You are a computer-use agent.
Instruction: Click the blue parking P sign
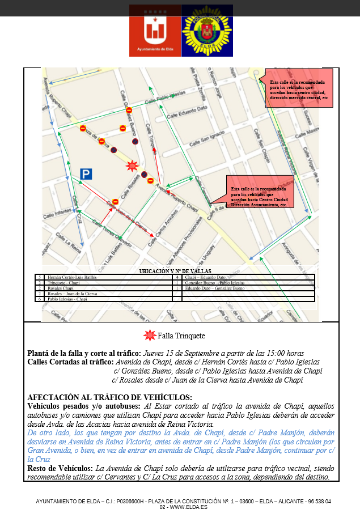[86, 174]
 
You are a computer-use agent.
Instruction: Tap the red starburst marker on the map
[132, 165]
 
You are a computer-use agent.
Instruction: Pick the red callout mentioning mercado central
[299, 90]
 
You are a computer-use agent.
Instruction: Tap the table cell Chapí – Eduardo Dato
[205, 277]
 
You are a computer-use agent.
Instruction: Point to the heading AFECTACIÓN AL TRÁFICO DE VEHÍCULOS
[109, 397]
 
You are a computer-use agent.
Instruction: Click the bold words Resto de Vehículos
[60, 469]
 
